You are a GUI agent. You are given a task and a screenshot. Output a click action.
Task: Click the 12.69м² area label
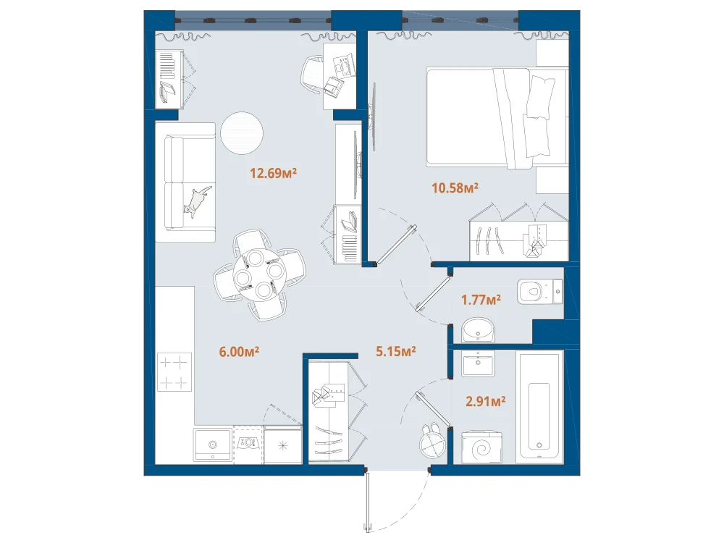273,173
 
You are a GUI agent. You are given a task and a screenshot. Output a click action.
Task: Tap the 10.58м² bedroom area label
455,188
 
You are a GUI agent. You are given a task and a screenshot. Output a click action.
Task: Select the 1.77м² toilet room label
481,300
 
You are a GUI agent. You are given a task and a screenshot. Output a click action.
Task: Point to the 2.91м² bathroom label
485,401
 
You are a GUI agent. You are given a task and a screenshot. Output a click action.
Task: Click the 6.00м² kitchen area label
239,352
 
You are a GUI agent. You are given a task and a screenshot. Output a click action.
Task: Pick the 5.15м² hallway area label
396,351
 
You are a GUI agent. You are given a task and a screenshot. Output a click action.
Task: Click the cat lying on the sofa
198,201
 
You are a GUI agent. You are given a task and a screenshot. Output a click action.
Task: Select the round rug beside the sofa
242,133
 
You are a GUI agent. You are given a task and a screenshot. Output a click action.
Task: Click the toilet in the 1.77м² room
540,291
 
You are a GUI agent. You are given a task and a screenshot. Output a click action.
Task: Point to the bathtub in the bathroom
539,407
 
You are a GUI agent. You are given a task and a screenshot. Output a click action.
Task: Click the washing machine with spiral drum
481,447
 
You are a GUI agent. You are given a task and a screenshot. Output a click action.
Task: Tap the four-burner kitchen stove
174,371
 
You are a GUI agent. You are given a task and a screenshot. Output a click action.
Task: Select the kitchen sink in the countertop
212,445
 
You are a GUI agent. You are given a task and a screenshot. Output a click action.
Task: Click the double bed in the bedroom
497,118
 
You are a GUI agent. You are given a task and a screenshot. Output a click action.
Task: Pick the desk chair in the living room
313,75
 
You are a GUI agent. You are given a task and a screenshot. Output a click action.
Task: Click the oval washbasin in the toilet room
478,329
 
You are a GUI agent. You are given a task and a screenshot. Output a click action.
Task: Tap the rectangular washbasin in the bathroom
478,363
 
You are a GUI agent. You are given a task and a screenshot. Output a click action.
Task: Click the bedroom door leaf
395,245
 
